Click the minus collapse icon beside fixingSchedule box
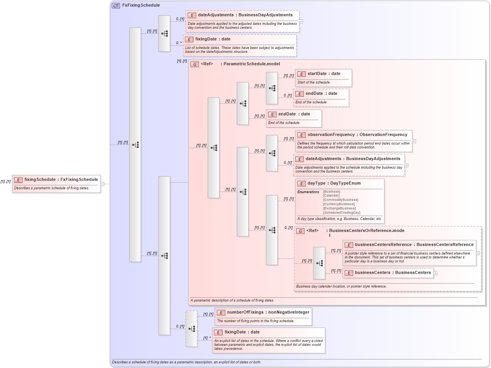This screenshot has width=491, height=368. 102,184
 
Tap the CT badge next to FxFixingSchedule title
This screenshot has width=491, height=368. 116,5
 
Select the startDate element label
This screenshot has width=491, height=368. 317,74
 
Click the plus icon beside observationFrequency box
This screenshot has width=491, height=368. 414,141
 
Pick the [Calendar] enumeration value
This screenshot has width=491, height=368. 331,195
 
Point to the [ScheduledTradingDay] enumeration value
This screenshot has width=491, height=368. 341,213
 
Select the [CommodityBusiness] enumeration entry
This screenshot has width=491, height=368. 340,200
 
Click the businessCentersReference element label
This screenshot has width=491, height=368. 383,245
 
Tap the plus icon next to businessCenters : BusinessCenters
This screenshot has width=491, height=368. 435,273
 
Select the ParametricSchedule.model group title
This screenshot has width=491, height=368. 251,64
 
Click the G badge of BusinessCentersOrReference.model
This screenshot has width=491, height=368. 300,231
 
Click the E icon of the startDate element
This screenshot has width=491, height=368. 301,74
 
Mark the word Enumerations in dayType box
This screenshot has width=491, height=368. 308,192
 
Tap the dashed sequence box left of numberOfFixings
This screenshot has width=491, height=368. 192,329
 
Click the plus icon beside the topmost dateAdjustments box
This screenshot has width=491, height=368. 301,22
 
